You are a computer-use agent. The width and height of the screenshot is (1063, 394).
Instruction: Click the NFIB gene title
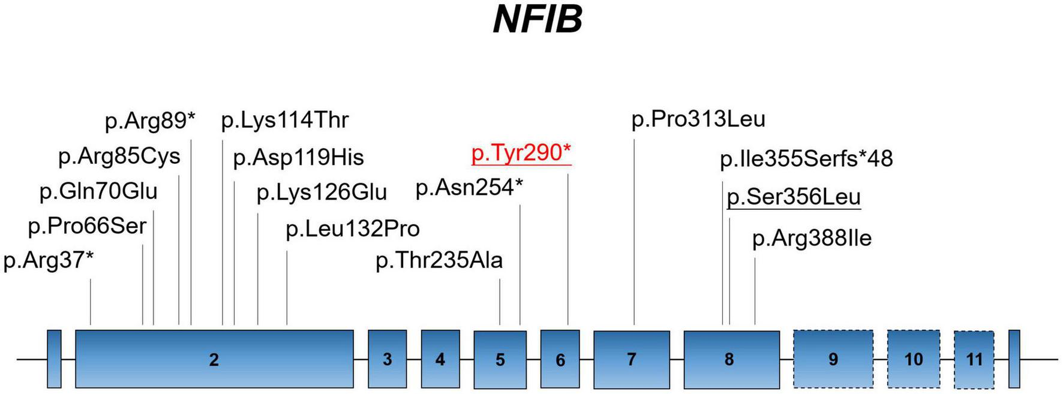[x=537, y=19]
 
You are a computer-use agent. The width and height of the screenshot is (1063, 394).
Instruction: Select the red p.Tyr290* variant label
[x=521, y=153]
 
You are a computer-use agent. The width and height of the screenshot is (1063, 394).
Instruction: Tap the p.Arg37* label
[x=49, y=261]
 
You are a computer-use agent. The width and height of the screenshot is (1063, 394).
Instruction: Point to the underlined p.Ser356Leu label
[x=793, y=197]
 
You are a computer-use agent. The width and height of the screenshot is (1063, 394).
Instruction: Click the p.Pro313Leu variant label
[x=698, y=119]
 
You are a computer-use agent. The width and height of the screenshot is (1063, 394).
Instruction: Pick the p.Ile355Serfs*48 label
[x=806, y=159]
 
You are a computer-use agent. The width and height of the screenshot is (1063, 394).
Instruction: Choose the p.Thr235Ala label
[x=439, y=261]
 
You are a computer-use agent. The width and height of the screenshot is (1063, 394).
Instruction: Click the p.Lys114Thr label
[x=285, y=121]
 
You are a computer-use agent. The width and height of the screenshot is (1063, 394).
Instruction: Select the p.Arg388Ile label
[x=812, y=239]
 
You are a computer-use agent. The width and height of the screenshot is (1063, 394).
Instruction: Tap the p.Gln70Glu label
[x=98, y=192]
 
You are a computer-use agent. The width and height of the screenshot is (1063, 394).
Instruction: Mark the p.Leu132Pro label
[x=353, y=229]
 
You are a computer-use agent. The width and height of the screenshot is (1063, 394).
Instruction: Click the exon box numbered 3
[x=387, y=359]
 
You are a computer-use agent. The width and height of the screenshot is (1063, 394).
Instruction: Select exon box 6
[x=560, y=359]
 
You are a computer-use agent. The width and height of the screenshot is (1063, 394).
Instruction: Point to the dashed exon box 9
[x=833, y=359]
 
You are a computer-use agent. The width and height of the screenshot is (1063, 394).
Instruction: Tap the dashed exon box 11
[x=974, y=359]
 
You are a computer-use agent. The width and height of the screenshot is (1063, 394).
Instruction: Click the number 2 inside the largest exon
[x=214, y=360]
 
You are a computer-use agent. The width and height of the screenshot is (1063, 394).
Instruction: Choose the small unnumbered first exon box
[x=54, y=359]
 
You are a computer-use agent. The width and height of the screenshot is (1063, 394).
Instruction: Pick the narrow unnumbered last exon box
[x=1014, y=359]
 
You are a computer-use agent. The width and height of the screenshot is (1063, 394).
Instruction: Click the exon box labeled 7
[x=631, y=359]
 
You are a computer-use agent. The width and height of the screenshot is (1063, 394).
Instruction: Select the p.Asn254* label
[x=469, y=188]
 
